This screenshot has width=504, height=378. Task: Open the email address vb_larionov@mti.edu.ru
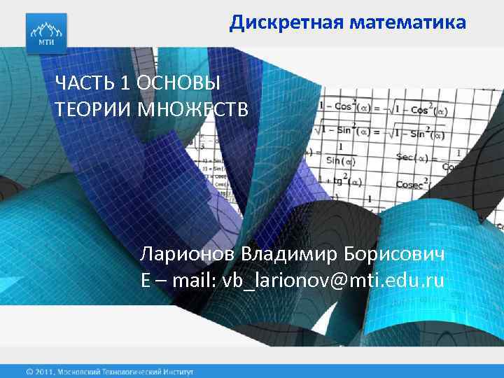pos(333,281)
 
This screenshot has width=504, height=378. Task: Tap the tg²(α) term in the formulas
pos(342,182)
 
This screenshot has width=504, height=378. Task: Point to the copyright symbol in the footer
pos(30,370)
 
